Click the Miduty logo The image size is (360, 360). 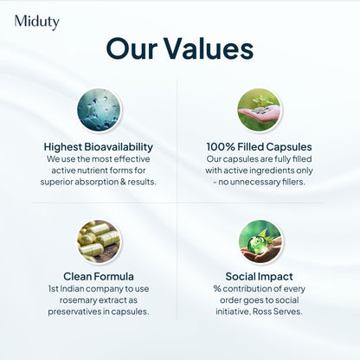(36, 22)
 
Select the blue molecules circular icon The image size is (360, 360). (100, 110)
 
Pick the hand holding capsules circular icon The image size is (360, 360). (259, 110)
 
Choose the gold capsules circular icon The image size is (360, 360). (100, 241)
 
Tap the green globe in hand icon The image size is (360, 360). (259, 241)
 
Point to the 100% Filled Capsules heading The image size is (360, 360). (259, 146)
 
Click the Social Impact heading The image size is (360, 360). (259, 277)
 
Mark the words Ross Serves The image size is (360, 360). (280, 312)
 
